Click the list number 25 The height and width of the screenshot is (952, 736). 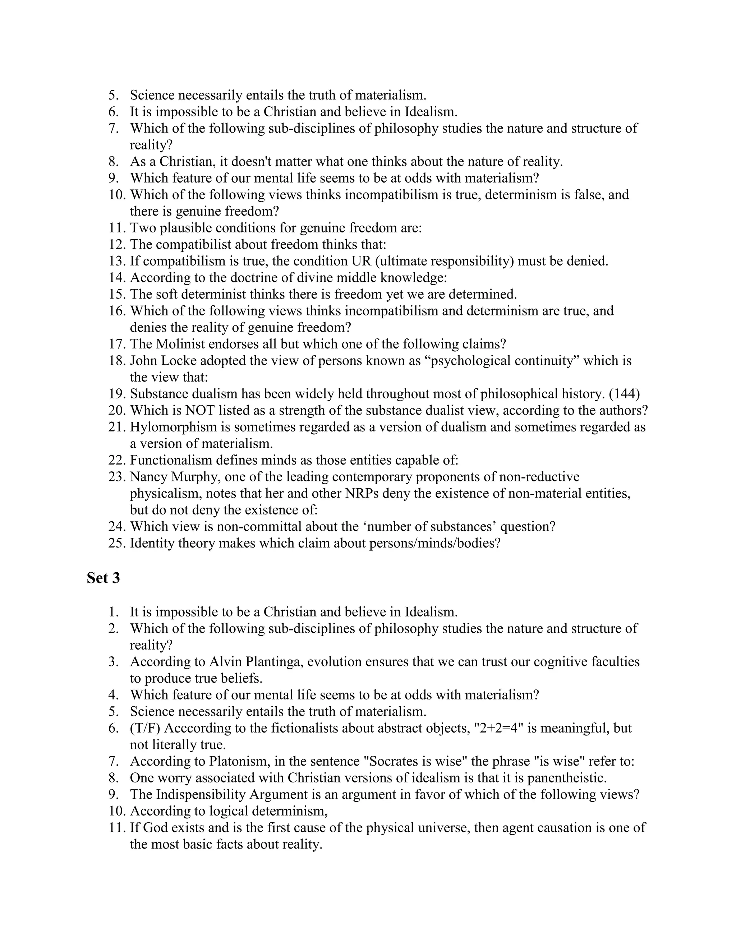tap(117, 544)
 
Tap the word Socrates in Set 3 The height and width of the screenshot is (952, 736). tap(392, 761)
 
